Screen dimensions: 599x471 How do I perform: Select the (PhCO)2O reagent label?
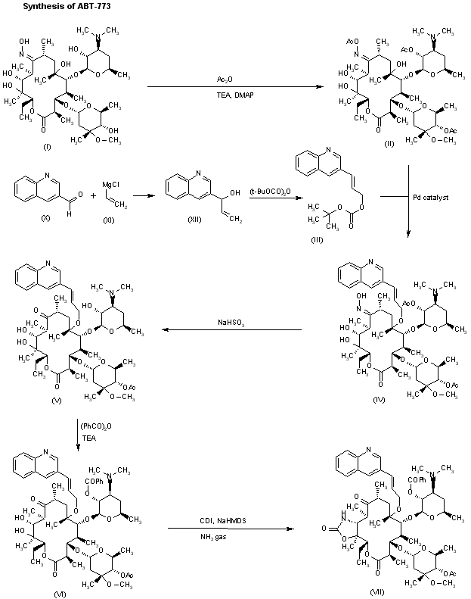pyautogui.click(x=95, y=426)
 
